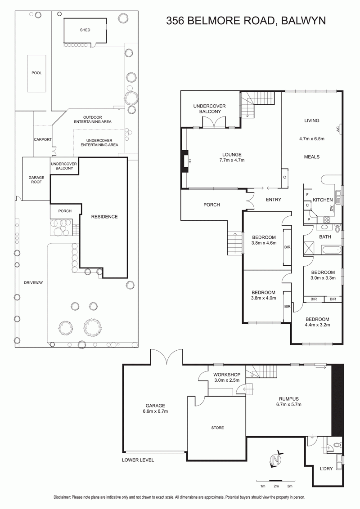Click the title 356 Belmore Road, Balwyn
tap(246, 21)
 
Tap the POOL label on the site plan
tap(37, 73)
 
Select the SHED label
tap(85, 30)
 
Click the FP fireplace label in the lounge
tap(191, 161)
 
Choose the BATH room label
tap(325, 237)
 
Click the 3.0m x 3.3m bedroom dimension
tap(323, 278)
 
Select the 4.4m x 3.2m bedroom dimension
tap(317, 325)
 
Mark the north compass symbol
tap(276, 459)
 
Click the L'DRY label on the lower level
tap(326, 469)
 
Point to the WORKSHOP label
tap(227, 375)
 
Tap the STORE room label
tap(217, 428)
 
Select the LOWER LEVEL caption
tap(138, 460)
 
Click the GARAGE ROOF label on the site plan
tap(36, 179)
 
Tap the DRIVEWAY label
tap(33, 283)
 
